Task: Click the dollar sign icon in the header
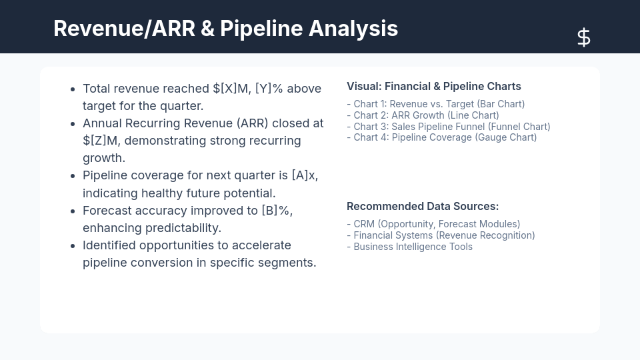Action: pos(583,37)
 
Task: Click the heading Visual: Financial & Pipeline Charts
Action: pos(433,86)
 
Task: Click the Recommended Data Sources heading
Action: pos(422,206)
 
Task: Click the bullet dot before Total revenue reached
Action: pos(72,89)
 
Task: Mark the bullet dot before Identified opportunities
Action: pos(72,245)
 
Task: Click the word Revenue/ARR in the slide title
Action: pos(123,29)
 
